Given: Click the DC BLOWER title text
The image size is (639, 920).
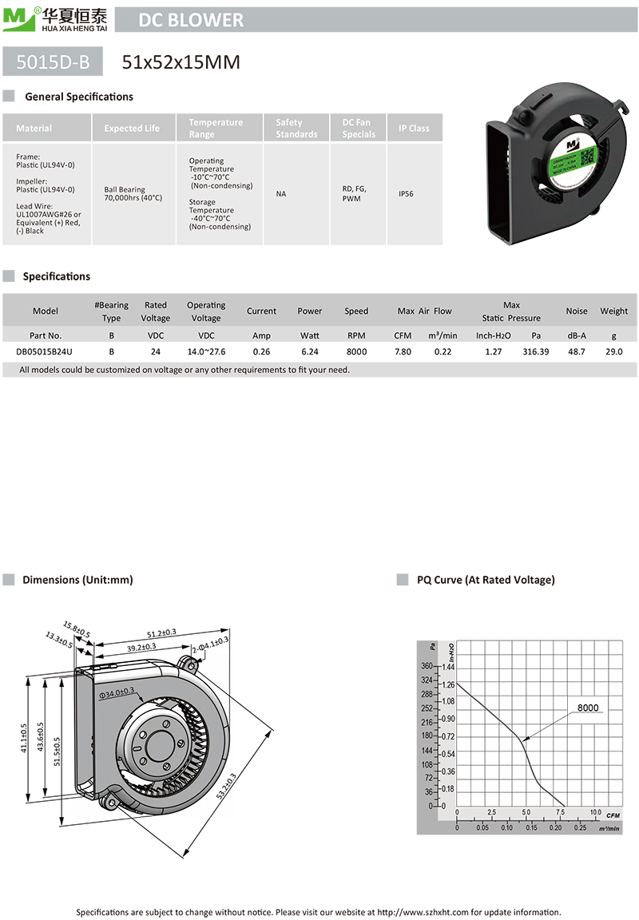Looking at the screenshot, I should tap(191, 21).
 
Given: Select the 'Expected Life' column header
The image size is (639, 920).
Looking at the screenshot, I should tap(132, 129).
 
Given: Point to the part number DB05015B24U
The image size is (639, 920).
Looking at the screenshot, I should tap(44, 351).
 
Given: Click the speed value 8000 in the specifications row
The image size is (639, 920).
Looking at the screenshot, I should tap(356, 351).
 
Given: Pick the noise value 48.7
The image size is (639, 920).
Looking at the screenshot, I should tap(576, 351).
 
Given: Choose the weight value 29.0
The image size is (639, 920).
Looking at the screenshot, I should tap(613, 351).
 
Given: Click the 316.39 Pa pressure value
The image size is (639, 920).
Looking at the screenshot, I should tap(535, 351).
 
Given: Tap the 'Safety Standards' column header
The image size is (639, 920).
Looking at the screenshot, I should tap(296, 129).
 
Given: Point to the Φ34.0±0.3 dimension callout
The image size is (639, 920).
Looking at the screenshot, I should tap(122, 693).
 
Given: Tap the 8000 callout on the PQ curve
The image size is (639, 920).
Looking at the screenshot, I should tap(587, 708).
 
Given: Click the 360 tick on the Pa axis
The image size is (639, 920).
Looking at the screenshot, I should tap(427, 666).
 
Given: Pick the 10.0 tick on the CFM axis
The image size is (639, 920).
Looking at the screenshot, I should tap(595, 813).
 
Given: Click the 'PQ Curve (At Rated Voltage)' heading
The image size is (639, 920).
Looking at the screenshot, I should tap(486, 580).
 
